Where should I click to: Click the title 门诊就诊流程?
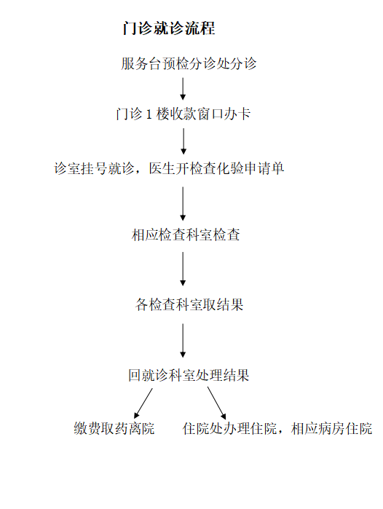pos(169,28)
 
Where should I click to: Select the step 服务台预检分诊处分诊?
pos(189,63)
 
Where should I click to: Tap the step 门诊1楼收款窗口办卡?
pos(183,114)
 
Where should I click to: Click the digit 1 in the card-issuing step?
pos(149,114)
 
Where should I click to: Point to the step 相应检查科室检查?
pos(186,234)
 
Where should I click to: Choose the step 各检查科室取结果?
pos(189,304)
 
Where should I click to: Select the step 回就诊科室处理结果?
pos(189,375)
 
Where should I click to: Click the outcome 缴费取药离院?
pos(114,428)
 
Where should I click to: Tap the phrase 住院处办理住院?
pos(229,428)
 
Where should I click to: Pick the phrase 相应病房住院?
pos(331,428)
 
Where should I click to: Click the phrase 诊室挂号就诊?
pos(94,168)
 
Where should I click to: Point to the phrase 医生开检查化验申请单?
pos(216,168)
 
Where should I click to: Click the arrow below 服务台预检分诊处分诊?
pos(183,89)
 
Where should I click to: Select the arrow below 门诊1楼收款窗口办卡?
pos(183,141)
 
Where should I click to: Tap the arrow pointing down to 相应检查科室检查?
pos(183,204)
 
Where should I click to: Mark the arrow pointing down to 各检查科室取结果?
pos(183,269)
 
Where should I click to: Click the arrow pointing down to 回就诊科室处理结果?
pos(183,341)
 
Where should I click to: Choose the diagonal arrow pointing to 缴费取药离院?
pos(143,403)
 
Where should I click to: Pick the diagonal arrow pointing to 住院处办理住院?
pos(217,403)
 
